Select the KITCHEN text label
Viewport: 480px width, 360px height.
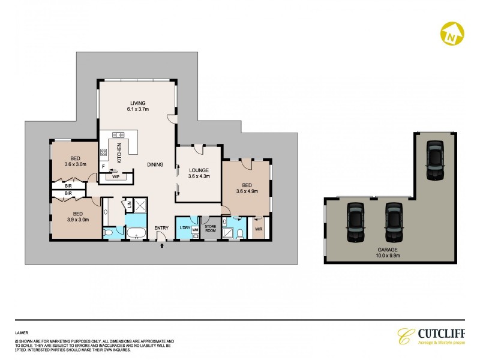119,153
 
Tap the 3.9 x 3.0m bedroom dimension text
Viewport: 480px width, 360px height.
78,220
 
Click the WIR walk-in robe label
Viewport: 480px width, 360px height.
259,229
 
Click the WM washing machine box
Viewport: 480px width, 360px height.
195,230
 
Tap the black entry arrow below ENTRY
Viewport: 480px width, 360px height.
161,245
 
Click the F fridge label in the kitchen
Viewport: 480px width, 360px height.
104,166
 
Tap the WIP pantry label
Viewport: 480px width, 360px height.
116,176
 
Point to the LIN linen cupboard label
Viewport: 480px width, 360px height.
129,206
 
